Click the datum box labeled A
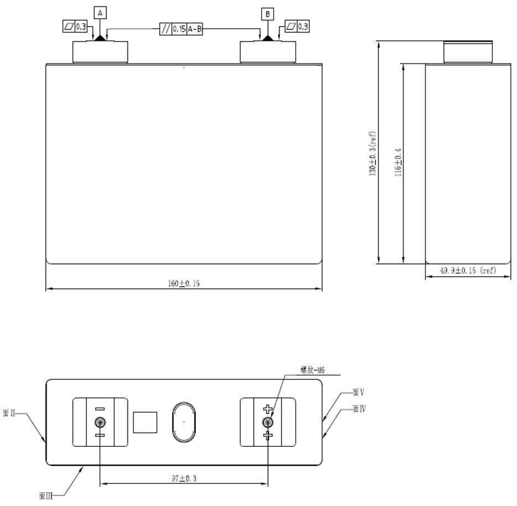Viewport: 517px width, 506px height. (x=100, y=12)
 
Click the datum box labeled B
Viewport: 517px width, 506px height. (x=267, y=12)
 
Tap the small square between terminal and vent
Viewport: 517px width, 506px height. (x=144, y=422)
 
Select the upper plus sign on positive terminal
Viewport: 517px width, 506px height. (x=268, y=410)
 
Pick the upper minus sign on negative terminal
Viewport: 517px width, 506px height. (x=100, y=409)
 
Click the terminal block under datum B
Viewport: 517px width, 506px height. (x=267, y=51)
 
